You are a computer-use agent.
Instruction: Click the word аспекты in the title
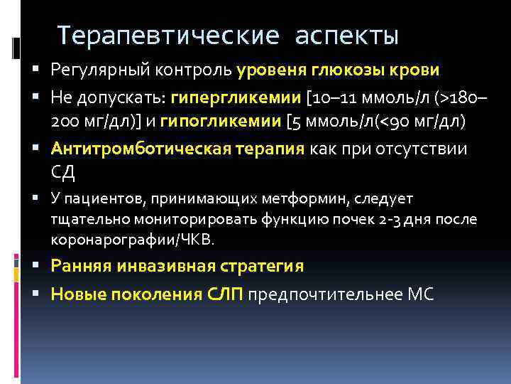click(347, 35)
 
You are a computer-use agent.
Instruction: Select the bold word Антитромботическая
click(141, 150)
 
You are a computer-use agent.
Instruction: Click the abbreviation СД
click(64, 171)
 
